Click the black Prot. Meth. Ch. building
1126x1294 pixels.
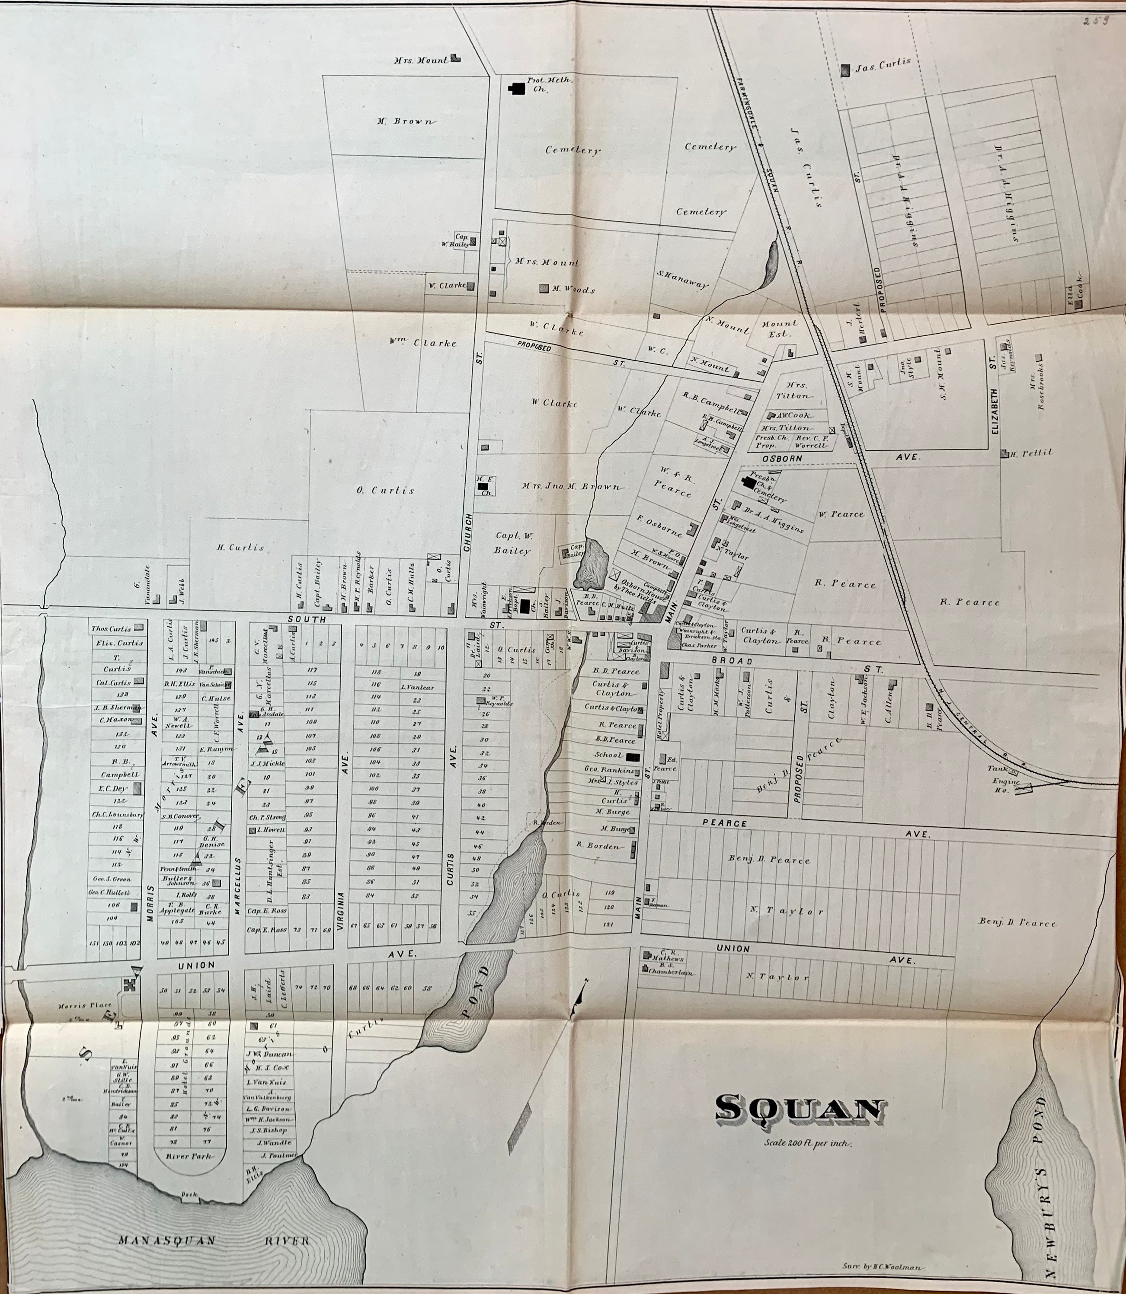point(517,89)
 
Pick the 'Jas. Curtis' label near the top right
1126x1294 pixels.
point(882,65)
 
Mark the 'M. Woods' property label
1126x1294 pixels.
point(573,290)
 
